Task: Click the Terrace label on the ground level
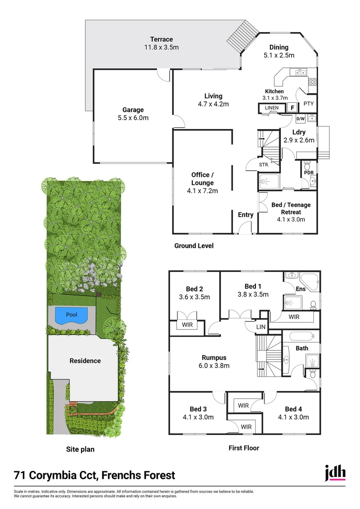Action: [x=162, y=39]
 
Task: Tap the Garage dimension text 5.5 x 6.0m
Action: [x=133, y=118]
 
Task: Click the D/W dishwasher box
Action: [x=301, y=119]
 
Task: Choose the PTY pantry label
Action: [x=309, y=104]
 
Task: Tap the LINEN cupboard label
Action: [x=272, y=108]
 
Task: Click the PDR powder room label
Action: [x=309, y=173]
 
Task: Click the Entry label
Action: [x=245, y=215]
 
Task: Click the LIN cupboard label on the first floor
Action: [x=261, y=327]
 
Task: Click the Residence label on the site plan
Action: [x=85, y=361]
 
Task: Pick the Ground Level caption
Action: [x=194, y=246]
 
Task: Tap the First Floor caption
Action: [x=244, y=448]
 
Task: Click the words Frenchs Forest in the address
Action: [x=140, y=475]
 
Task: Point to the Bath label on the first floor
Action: [x=302, y=349]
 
